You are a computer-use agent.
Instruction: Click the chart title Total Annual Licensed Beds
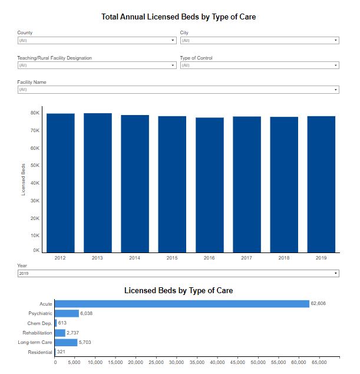[x=179, y=17]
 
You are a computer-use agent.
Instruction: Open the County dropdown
[x=97, y=41]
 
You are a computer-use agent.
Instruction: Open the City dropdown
[x=259, y=41]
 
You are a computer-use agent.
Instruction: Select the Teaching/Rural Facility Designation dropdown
[x=97, y=65]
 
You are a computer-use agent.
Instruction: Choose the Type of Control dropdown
[x=259, y=65]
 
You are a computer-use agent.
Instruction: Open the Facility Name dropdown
[x=178, y=90]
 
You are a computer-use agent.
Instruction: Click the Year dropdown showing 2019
[x=178, y=274]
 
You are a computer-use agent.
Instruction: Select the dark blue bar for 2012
[x=61, y=183]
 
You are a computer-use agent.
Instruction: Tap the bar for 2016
[x=209, y=185]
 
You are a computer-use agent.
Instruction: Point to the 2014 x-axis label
[x=135, y=258]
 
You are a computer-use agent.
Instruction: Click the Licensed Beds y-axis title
[x=24, y=179]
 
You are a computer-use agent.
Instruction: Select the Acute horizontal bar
[x=182, y=304]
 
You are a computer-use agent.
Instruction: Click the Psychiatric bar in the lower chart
[x=67, y=313]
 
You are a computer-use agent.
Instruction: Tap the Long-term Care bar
[x=66, y=342]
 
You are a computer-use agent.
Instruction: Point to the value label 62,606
[x=319, y=304]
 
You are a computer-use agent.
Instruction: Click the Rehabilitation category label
[x=37, y=333]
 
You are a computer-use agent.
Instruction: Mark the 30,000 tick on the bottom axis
[x=177, y=362]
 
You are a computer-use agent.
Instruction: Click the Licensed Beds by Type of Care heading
[x=179, y=291]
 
